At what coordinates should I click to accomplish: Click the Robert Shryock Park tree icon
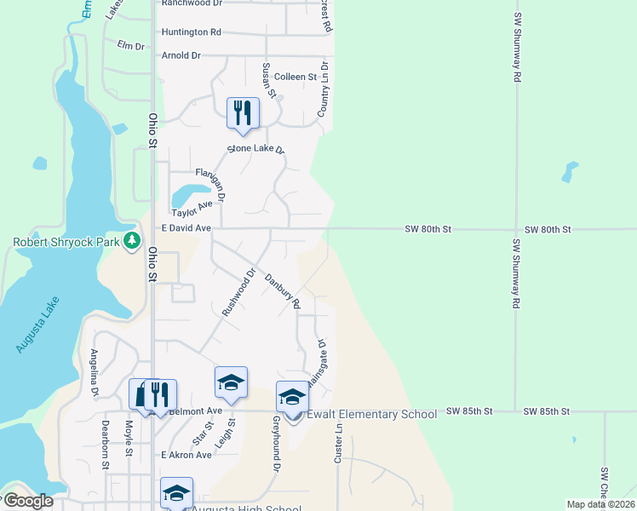coord(131,241)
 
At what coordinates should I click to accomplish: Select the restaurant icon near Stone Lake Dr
coord(243,113)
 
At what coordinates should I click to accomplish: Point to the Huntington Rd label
coord(191,32)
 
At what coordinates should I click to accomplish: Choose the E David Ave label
coord(186,228)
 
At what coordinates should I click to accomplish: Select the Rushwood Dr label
coord(239,293)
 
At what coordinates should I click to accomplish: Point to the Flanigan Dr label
coord(210,184)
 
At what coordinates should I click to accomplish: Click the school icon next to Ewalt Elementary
coord(292,398)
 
